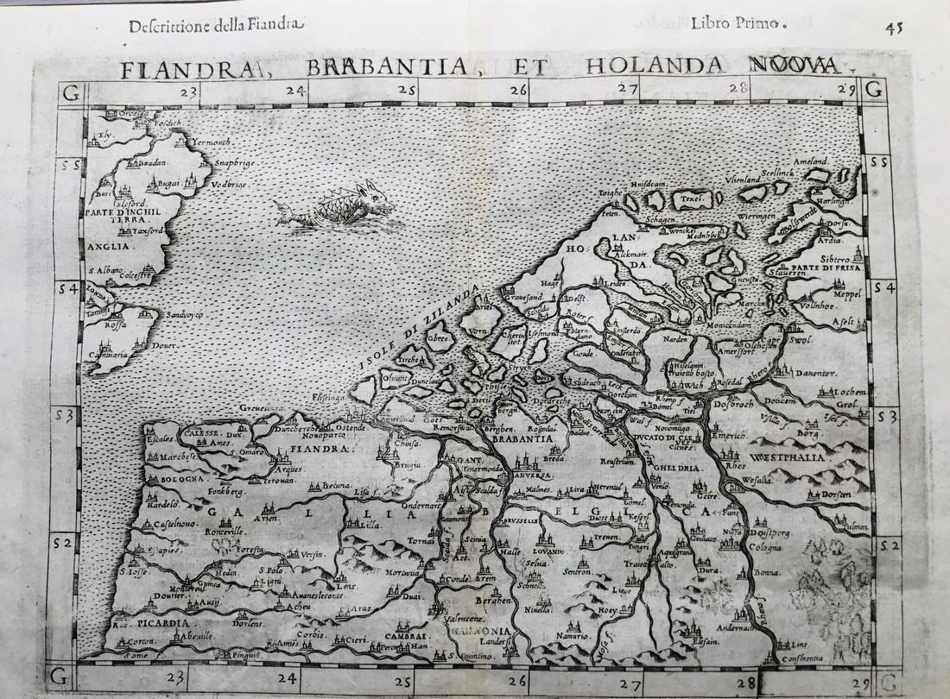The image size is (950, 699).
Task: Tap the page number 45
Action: [894, 25]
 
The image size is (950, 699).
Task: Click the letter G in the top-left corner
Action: [73, 91]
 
